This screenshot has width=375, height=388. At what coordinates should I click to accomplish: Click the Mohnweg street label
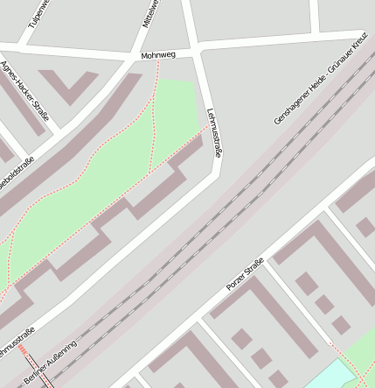[158, 55]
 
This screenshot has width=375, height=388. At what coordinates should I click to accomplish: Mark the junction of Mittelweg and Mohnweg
[147, 56]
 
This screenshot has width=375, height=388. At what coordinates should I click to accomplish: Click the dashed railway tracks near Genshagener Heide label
[262, 175]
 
